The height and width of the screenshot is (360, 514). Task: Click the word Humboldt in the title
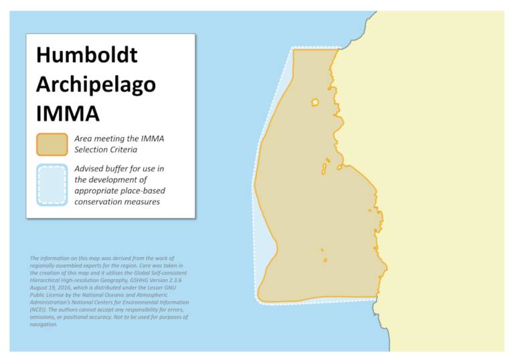[87, 54]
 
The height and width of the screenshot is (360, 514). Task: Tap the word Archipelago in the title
[96, 84]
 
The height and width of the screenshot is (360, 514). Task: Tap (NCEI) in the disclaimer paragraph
[40, 310]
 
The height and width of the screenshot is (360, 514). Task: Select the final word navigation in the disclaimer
[44, 325]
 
